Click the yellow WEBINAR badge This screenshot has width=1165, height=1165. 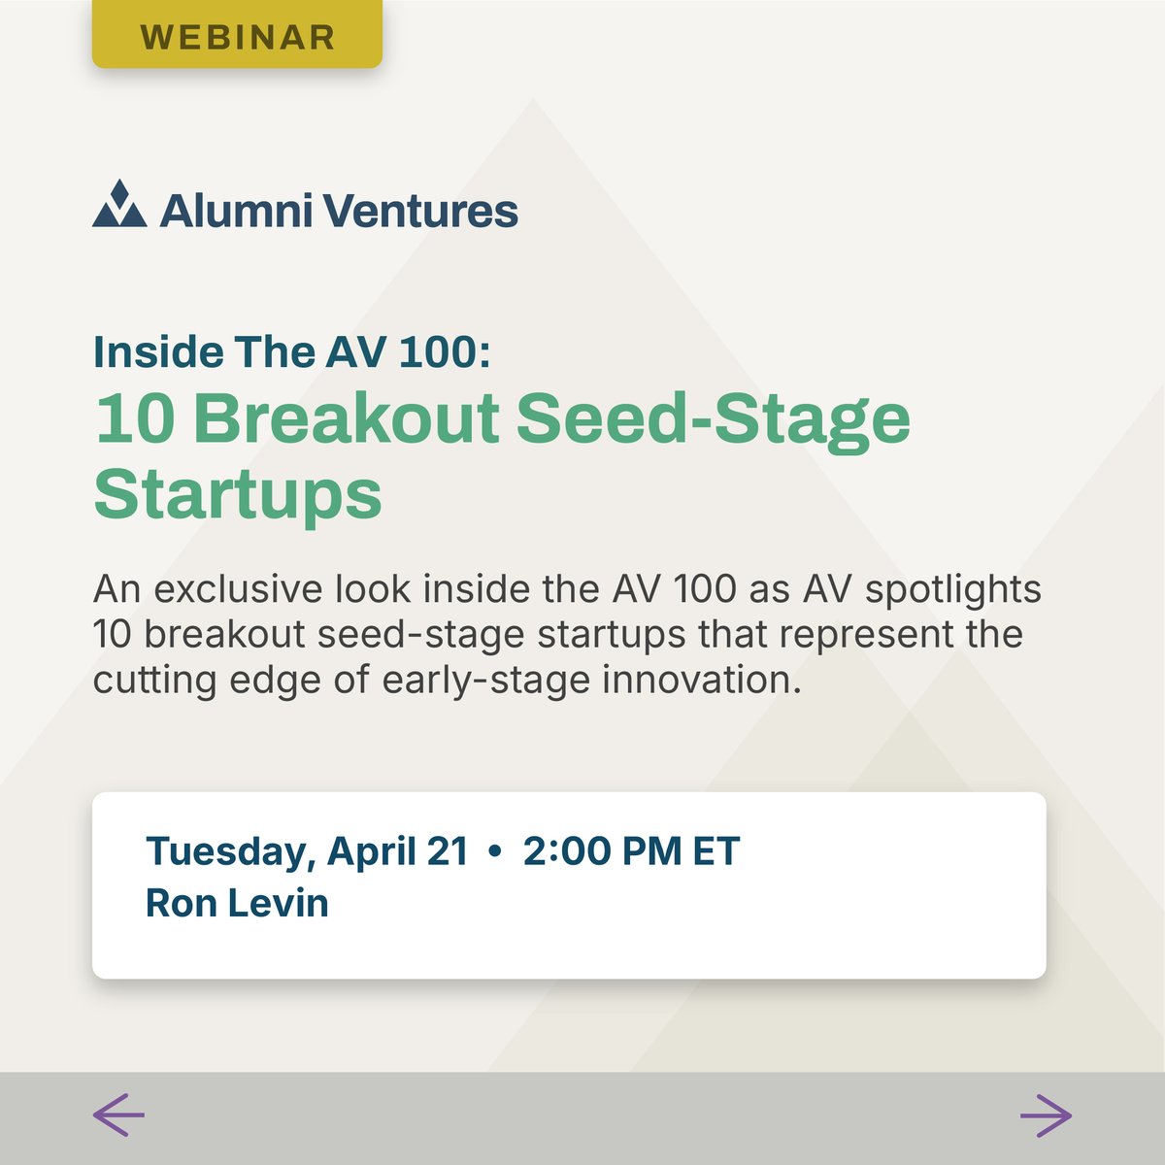[237, 37]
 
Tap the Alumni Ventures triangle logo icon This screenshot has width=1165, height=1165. [119, 205]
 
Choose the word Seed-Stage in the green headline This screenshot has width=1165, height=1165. [713, 419]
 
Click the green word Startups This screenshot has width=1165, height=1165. [238, 495]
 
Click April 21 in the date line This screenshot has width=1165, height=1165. [397, 851]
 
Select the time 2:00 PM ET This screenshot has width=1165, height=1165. [631, 851]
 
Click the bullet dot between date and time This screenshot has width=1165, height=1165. [496, 852]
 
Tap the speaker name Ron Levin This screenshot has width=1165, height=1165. [237, 903]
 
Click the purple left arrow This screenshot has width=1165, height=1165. [118, 1115]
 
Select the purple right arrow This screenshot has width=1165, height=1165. [1046, 1115]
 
